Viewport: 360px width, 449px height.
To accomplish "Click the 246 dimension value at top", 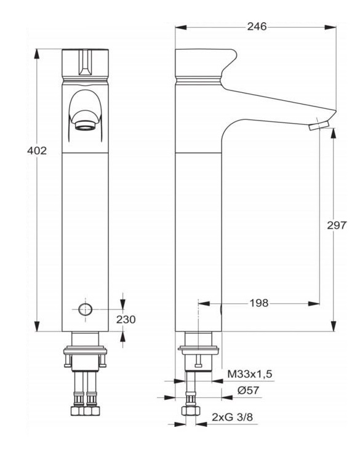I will click(255, 27).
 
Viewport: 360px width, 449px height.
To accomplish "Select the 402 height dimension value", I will click(38, 151).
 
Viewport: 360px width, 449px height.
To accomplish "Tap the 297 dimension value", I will click(337, 225).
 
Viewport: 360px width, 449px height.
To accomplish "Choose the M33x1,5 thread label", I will click(250, 374).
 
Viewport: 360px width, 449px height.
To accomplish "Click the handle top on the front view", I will click(86, 62).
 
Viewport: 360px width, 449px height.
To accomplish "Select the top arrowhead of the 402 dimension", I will click(38, 52).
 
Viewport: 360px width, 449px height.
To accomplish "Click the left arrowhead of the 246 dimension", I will click(179, 27).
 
